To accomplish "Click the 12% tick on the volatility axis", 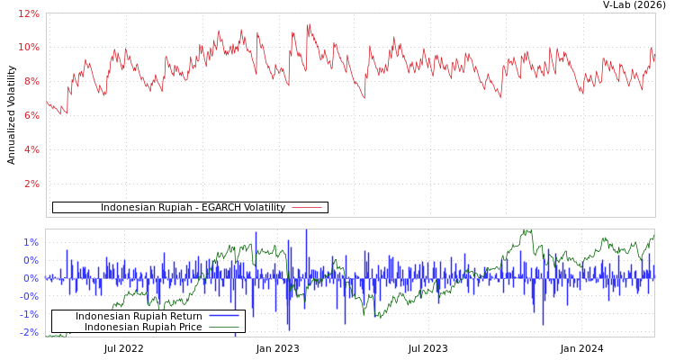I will click(29, 14).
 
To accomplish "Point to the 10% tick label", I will click(29, 47).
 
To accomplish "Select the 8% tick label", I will click(31, 81).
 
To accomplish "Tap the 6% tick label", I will click(31, 115).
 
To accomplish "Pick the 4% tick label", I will click(31, 149).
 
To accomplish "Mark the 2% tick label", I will click(31, 184).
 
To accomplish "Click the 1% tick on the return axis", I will click(31, 242).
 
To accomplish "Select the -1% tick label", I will click(30, 314).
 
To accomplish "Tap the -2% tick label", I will click(30, 332).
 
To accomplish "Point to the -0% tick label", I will click(30, 296).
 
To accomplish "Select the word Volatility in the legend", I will click(261, 208).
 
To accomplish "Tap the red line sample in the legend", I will click(307, 208).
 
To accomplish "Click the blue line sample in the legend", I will click(223, 316).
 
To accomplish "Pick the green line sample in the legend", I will click(223, 327).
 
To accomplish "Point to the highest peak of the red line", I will click(308, 24).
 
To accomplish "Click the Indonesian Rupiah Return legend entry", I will click(139, 317).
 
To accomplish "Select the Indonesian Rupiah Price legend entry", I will click(143, 328).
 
